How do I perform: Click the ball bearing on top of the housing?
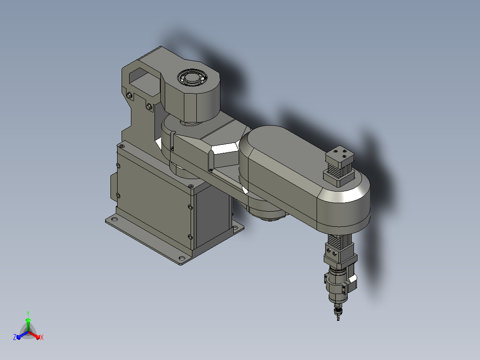[192, 78]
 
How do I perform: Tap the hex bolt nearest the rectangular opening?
[130, 96]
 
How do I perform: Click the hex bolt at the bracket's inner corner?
[150, 106]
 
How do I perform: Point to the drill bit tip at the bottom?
[338, 319]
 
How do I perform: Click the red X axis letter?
[42, 337]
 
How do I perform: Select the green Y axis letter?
[28, 313]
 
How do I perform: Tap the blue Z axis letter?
[15, 337]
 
